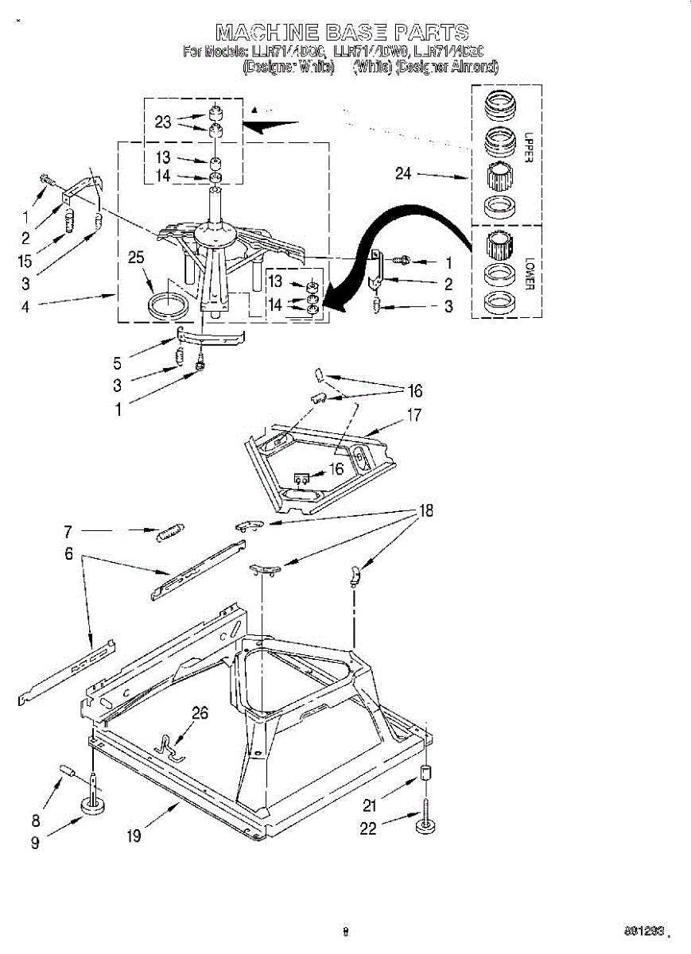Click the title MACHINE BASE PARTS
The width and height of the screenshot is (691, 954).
[342, 33]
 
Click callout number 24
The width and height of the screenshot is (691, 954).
[403, 173]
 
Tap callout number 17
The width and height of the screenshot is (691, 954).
[414, 414]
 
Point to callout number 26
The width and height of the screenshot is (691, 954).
[200, 713]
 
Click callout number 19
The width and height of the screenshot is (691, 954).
[134, 836]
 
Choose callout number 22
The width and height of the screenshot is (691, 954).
[367, 828]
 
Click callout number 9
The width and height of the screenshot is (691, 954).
[35, 843]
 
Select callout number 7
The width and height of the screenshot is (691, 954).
[68, 532]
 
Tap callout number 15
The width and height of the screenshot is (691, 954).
[25, 260]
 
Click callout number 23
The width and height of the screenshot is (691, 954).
[163, 122]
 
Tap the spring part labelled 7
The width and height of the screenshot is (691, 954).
[169, 531]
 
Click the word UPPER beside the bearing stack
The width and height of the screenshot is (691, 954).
[529, 148]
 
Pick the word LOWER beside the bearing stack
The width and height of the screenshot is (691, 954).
[529, 271]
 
